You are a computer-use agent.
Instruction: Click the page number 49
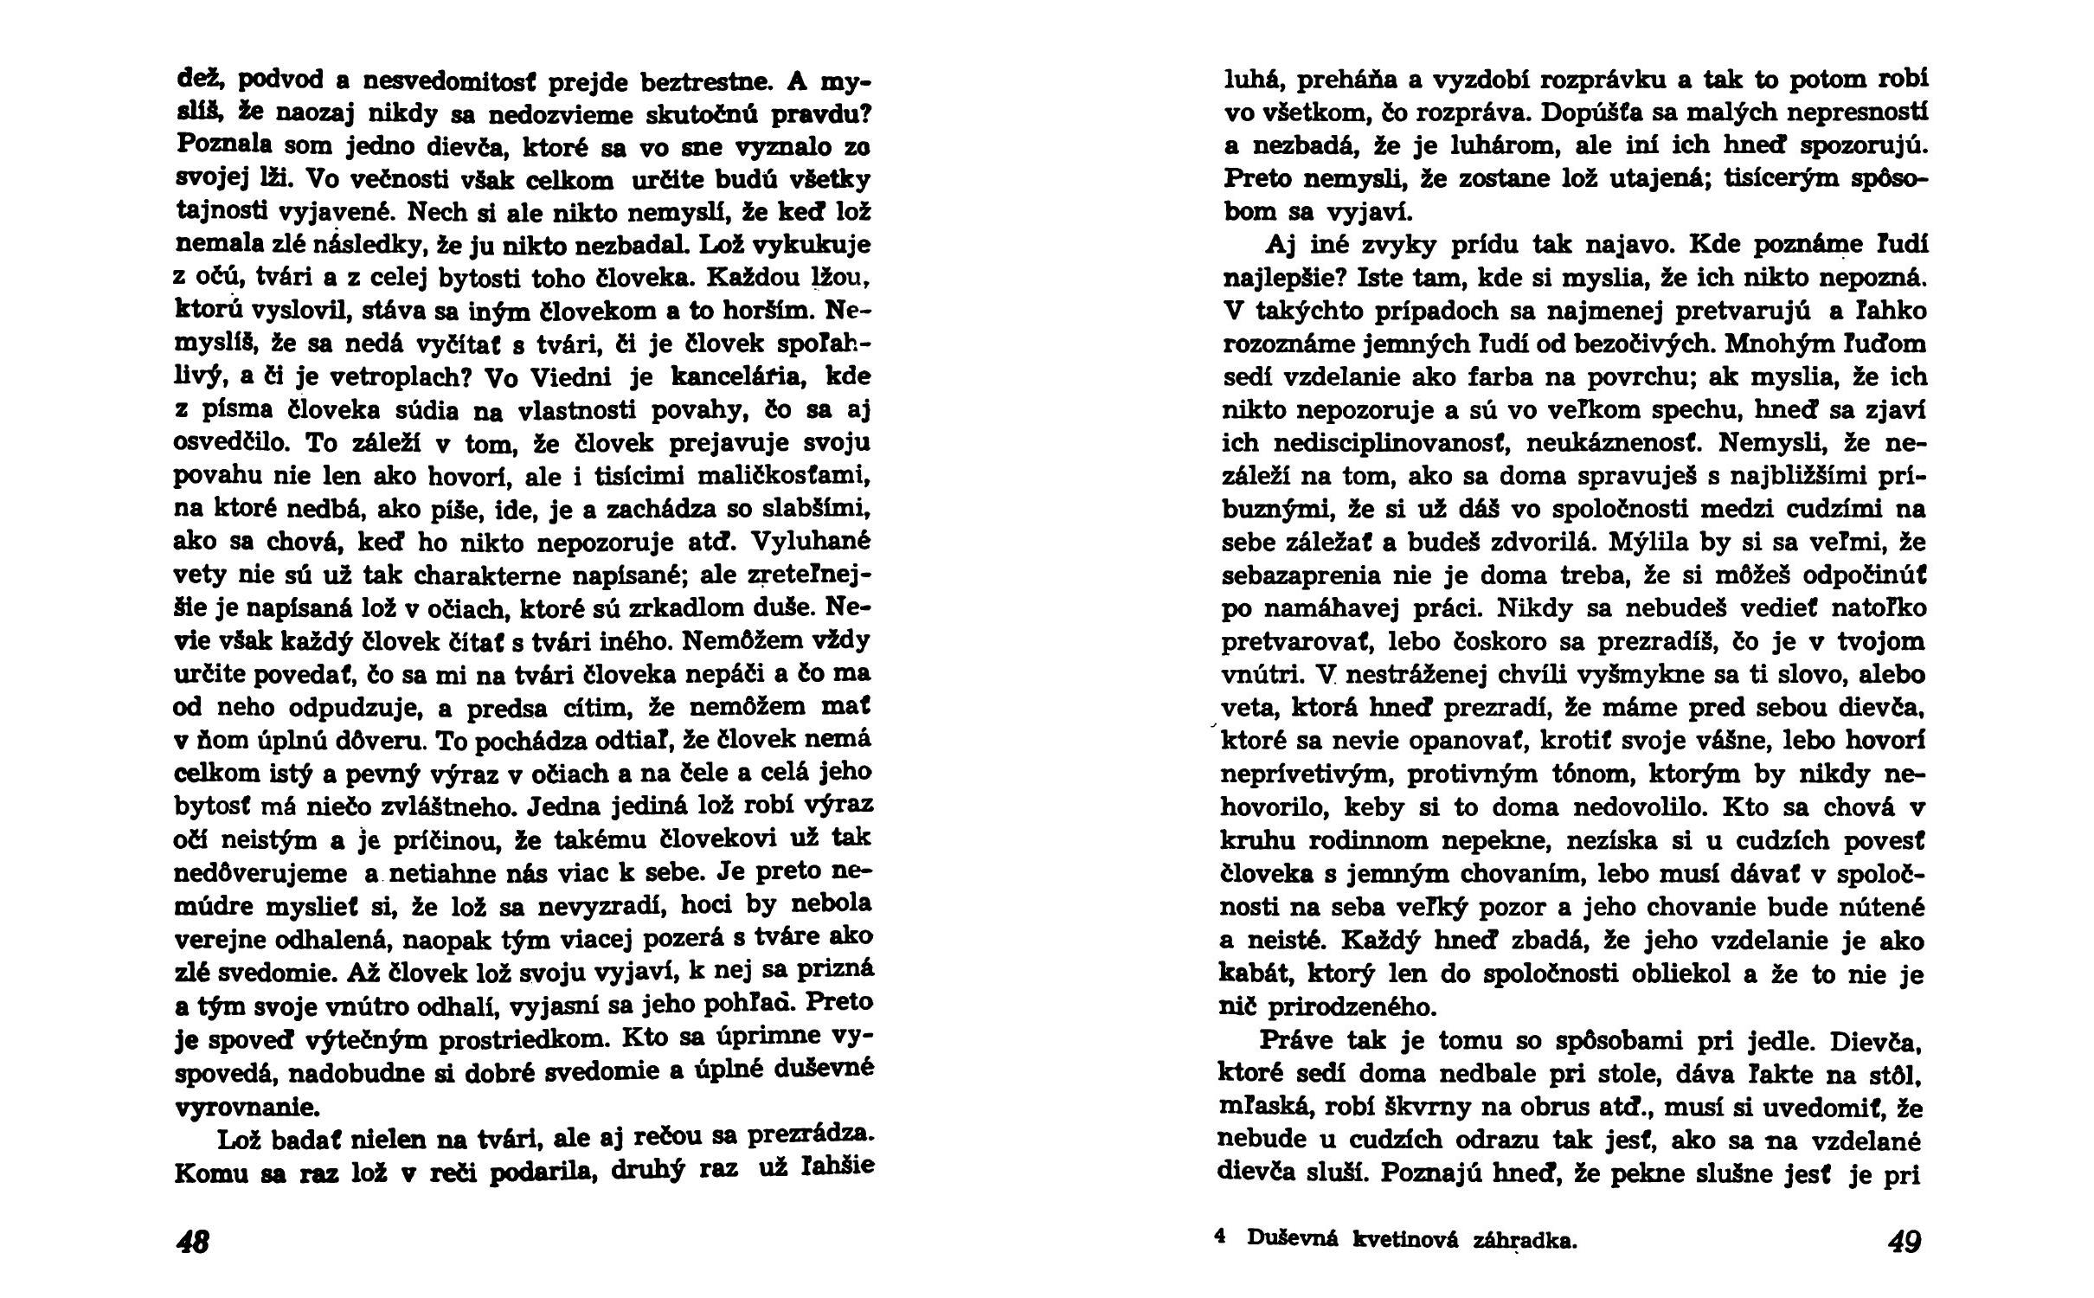click(1904, 1243)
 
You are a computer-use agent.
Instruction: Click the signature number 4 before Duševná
click(1220, 1237)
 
